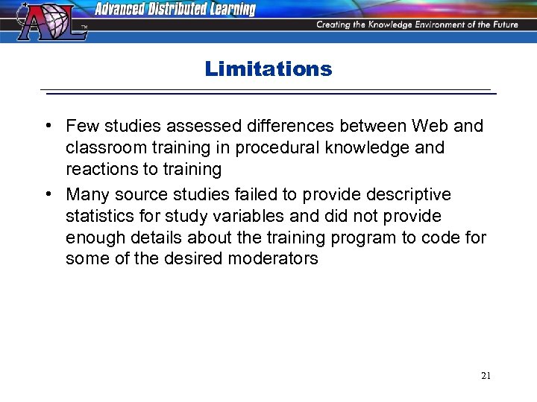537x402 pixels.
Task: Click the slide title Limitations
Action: [x=268, y=69]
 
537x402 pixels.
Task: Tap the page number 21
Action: [x=486, y=376]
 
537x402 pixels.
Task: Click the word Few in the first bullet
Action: [x=81, y=126]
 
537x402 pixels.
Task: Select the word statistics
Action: [x=98, y=216]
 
